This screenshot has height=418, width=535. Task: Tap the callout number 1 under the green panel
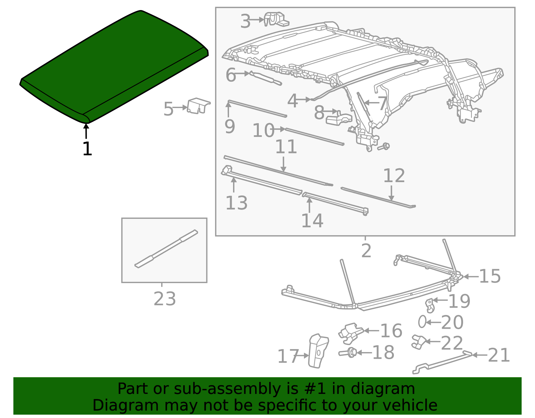click(87, 149)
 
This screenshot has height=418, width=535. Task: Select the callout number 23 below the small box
click(165, 299)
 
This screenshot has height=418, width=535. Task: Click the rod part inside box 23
click(166, 249)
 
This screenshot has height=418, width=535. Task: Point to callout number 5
click(169, 109)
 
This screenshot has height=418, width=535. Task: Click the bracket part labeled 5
click(198, 106)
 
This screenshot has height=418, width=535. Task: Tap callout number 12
click(394, 176)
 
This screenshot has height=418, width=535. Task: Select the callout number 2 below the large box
click(366, 251)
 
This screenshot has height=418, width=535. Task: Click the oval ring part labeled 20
click(422, 321)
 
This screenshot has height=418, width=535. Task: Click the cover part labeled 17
click(318, 351)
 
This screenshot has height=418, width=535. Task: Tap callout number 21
click(499, 355)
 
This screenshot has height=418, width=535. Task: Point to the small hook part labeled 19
click(430, 306)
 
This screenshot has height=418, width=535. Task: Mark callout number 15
click(490, 276)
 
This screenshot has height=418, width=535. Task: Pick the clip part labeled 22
click(419, 342)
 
